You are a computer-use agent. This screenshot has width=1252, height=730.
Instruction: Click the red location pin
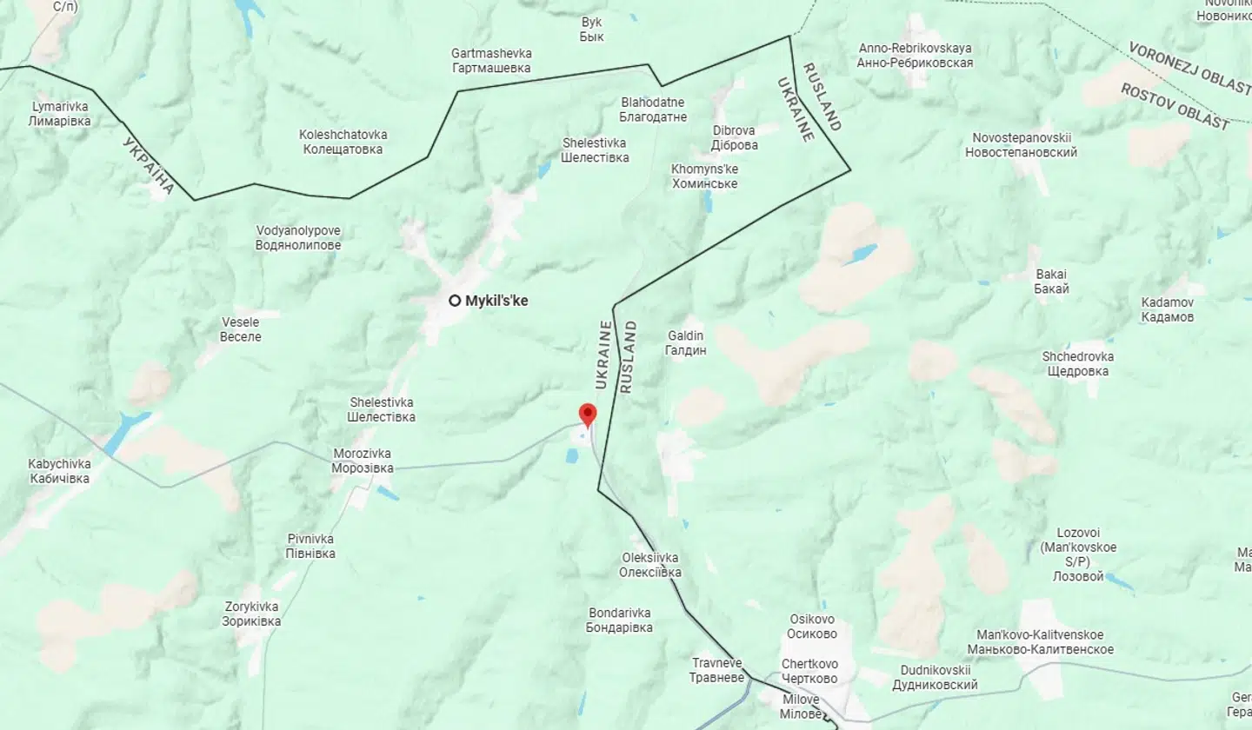[588, 415]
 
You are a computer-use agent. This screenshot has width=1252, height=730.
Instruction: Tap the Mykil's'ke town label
[496, 301]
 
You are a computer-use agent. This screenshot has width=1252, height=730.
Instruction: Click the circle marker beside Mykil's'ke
[455, 301]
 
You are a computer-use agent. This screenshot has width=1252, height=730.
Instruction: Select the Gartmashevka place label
[491, 61]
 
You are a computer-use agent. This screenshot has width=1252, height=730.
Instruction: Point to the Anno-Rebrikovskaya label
[915, 55]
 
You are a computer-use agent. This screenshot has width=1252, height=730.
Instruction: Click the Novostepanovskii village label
[1021, 145]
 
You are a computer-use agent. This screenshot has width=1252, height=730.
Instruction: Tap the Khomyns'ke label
[704, 176]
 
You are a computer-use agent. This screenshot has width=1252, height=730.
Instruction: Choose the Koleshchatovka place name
[343, 142]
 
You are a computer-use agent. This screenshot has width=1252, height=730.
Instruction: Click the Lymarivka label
[59, 114]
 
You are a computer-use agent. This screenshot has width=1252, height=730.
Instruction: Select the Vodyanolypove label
[298, 238]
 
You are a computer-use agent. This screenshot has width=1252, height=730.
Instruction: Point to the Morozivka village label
[363, 461]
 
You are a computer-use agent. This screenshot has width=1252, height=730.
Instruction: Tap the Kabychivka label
[59, 471]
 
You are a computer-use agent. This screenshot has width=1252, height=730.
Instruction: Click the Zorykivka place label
[250, 614]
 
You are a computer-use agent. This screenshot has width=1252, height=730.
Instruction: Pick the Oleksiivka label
[649, 565]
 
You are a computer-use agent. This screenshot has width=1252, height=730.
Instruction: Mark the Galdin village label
[685, 342]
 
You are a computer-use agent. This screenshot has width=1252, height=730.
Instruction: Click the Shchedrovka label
[1077, 363]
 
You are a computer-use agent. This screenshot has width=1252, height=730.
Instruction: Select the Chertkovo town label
[809, 671]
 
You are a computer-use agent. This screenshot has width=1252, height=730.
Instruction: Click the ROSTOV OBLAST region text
[1175, 106]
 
